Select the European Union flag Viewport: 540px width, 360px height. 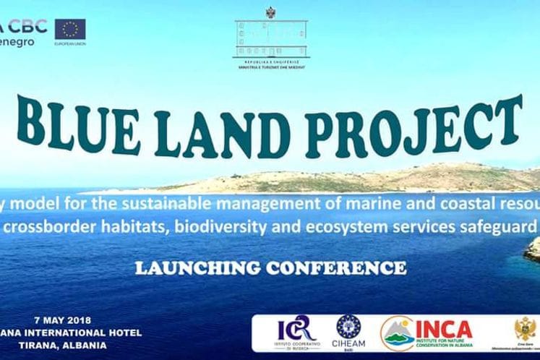(x=70, y=29)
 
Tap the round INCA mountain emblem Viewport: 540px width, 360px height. (x=398, y=333)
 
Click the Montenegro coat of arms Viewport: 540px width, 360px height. (x=525, y=330)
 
